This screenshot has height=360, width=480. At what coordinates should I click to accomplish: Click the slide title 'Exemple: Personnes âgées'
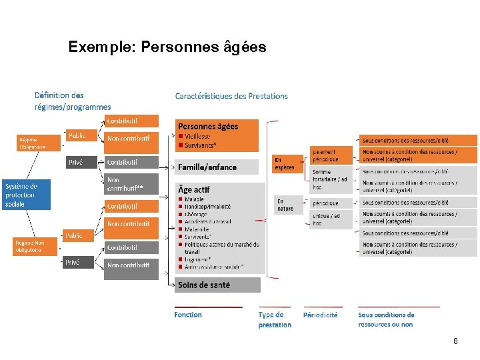tap(167, 47)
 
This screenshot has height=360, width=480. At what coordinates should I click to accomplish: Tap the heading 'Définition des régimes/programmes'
tap(73, 101)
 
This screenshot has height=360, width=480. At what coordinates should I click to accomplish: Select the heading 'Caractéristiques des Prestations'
tap(231, 96)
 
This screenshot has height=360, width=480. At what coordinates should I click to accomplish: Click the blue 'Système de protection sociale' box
tap(25, 195)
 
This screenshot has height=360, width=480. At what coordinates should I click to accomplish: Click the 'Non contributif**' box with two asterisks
tap(131, 184)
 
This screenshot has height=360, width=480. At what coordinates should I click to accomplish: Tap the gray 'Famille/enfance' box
tap(217, 167)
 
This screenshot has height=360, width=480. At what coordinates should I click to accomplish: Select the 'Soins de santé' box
tap(217, 285)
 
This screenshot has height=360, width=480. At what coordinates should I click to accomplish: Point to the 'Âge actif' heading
tap(194, 189)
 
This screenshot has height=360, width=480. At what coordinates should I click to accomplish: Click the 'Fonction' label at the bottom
tap(188, 315)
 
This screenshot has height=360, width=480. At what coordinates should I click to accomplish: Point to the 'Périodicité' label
tap(320, 315)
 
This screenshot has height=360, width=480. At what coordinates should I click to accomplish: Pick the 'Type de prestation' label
tap(275, 319)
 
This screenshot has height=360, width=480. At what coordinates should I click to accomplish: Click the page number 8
tap(455, 341)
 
